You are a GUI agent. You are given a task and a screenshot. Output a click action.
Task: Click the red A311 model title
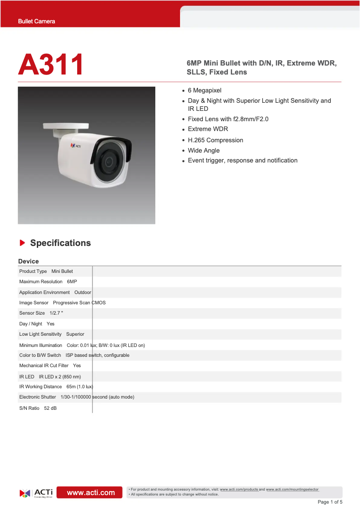pos(51,65)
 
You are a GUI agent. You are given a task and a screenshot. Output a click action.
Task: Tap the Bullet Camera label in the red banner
pos(36,21)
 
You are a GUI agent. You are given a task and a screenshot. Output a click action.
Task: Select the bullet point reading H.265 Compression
pos(215,140)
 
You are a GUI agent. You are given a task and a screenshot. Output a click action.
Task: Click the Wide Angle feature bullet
pos(203,150)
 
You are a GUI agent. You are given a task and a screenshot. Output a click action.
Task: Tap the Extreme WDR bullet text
pos(208,129)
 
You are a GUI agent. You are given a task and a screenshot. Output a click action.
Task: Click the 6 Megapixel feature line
pos(204,90)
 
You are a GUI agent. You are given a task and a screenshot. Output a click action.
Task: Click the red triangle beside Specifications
pos(22,243)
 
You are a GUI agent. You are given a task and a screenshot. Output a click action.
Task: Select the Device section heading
pos(28,261)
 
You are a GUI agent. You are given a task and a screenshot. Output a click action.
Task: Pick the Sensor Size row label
pos(32,313)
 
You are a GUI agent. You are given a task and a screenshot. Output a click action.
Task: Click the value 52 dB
pos(50,408)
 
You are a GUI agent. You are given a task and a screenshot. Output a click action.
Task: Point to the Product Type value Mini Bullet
pos(62,271)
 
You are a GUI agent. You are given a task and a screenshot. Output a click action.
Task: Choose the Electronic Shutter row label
pos(38,397)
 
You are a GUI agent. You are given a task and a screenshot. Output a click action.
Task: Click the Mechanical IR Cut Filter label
pos(44,365)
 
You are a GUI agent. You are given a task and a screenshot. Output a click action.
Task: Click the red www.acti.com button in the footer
pos(91,492)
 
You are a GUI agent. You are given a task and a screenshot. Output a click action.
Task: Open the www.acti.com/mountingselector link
pos(292,489)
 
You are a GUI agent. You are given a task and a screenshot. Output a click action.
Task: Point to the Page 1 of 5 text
pos(330,502)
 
